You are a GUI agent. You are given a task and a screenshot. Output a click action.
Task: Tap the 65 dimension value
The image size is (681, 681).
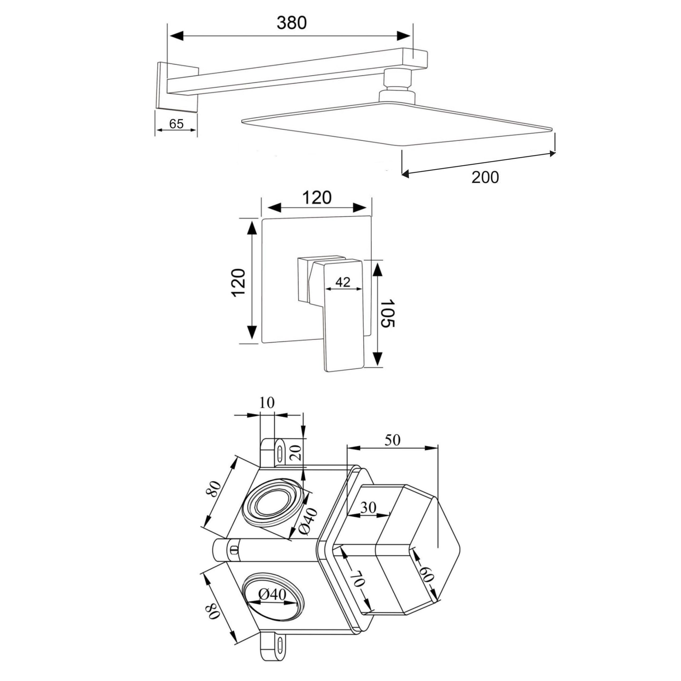point(176,124)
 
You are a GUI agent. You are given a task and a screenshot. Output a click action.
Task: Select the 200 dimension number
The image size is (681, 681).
point(485,177)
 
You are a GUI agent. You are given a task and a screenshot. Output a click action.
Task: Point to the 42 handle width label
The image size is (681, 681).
point(343,282)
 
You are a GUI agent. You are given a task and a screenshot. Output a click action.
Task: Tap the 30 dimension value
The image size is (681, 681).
point(368,507)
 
